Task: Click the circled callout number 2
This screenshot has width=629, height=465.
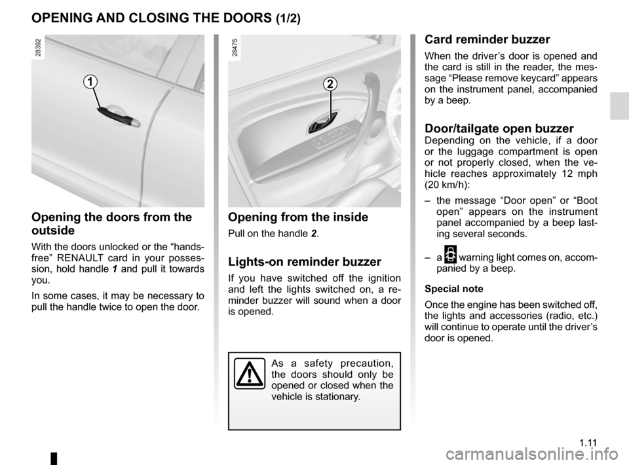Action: [330, 84]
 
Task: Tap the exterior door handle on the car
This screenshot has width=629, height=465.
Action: [118, 117]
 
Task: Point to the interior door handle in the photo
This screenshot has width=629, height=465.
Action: [324, 121]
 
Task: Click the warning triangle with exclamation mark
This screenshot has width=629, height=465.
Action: [250, 375]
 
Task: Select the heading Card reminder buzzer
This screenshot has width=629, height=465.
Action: [487, 39]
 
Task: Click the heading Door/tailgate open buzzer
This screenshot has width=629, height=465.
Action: [499, 128]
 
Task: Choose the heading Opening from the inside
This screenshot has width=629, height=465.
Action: [298, 217]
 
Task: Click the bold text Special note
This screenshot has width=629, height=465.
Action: [454, 289]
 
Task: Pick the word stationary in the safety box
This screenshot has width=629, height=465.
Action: [337, 397]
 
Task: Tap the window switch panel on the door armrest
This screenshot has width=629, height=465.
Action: [330, 141]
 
